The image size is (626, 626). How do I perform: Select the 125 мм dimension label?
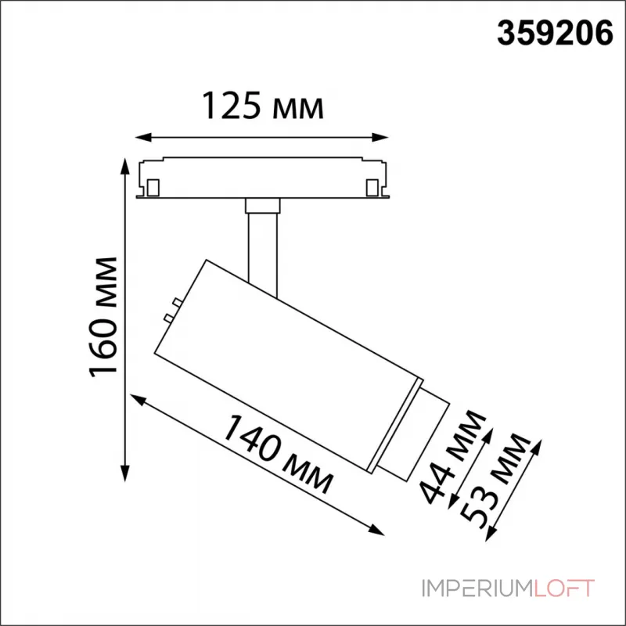[263, 106]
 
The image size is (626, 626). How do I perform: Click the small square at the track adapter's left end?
[153, 187]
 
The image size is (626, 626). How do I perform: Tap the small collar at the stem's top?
[262, 206]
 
